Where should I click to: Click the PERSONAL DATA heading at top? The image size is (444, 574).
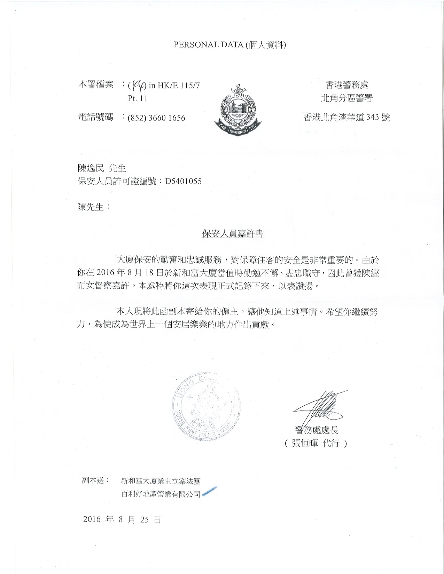pos(230,45)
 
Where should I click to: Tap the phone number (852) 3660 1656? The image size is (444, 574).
pos(156,118)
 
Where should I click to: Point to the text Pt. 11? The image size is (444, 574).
pos(138,98)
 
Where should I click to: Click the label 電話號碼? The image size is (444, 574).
pos(95,117)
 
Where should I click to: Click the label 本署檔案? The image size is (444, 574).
pos(95,85)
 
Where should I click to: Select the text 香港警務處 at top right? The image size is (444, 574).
pos(347,85)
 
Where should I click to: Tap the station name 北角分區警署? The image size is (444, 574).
pos(347,98)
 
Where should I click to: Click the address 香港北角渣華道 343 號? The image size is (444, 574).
pos(347,118)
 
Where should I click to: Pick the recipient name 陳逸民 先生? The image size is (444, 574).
pos(101,168)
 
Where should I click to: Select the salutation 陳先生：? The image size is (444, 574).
pos(93,207)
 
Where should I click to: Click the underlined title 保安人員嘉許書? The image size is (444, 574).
pos(233,234)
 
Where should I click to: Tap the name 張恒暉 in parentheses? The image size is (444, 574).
pos(305,444)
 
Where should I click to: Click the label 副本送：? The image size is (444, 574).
pos(96,480)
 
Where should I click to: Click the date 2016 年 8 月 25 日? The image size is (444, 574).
pos(122,520)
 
